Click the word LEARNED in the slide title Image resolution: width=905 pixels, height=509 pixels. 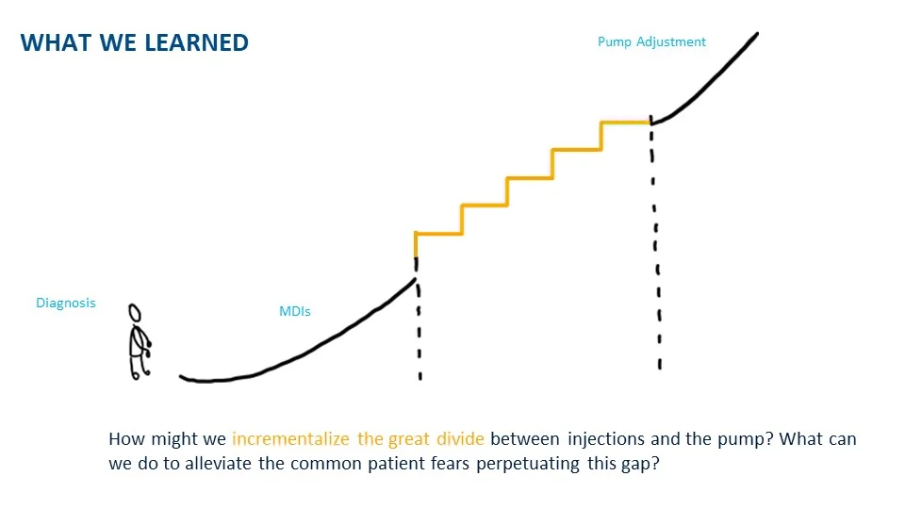tap(198, 42)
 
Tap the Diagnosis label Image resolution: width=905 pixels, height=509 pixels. tap(66, 304)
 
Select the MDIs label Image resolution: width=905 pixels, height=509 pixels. tap(295, 311)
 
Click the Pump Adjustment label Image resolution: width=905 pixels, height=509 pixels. tap(651, 41)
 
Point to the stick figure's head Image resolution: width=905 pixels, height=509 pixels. tap(135, 312)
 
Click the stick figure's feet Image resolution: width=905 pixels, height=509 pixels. tap(140, 374)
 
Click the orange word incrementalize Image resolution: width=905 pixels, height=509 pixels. tap(291, 439)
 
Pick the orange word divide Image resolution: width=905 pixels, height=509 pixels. tap(461, 439)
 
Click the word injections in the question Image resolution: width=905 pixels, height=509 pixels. tap(607, 439)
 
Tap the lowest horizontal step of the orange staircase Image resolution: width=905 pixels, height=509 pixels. tap(438, 233)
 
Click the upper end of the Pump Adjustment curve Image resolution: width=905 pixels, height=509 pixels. tap(755, 35)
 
